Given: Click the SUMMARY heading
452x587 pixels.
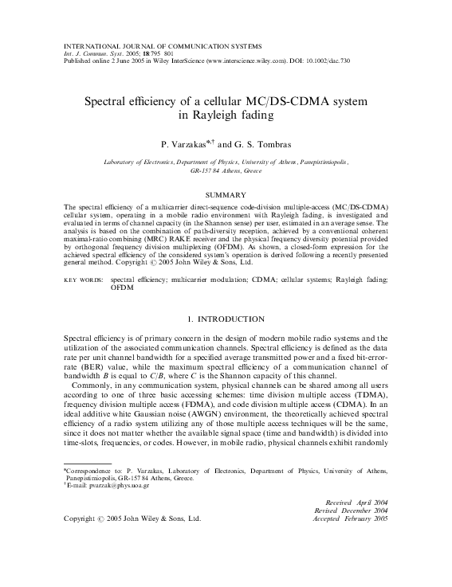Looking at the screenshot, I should (x=226, y=194).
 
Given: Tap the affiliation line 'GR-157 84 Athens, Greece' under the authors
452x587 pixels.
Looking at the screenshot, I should (x=226, y=170).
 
